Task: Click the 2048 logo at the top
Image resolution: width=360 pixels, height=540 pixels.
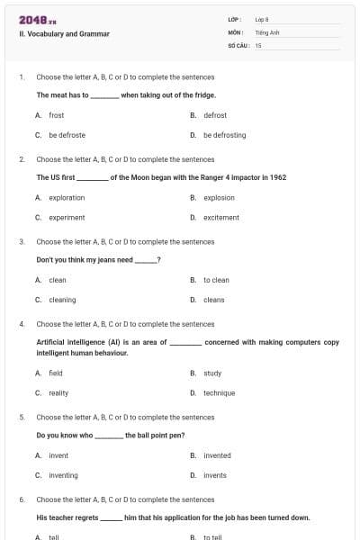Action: pos(38,19)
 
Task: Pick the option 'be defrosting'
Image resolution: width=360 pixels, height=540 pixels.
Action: pos(224,135)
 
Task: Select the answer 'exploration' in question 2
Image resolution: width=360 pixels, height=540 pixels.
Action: pos(67,197)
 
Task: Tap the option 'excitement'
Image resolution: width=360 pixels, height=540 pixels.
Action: pos(220,217)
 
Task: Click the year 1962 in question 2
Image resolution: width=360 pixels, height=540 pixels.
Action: pos(278,177)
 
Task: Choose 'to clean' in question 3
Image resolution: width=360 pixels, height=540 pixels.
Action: pos(216,280)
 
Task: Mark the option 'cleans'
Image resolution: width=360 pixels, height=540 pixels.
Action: pos(213,300)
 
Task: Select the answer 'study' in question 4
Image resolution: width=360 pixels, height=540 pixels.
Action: pos(212,373)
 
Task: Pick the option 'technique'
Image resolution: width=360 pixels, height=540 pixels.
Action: pos(219,392)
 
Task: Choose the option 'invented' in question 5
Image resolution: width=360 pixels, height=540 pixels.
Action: pos(217,455)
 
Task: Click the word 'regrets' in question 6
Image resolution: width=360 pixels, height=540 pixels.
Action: pos(82,517)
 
